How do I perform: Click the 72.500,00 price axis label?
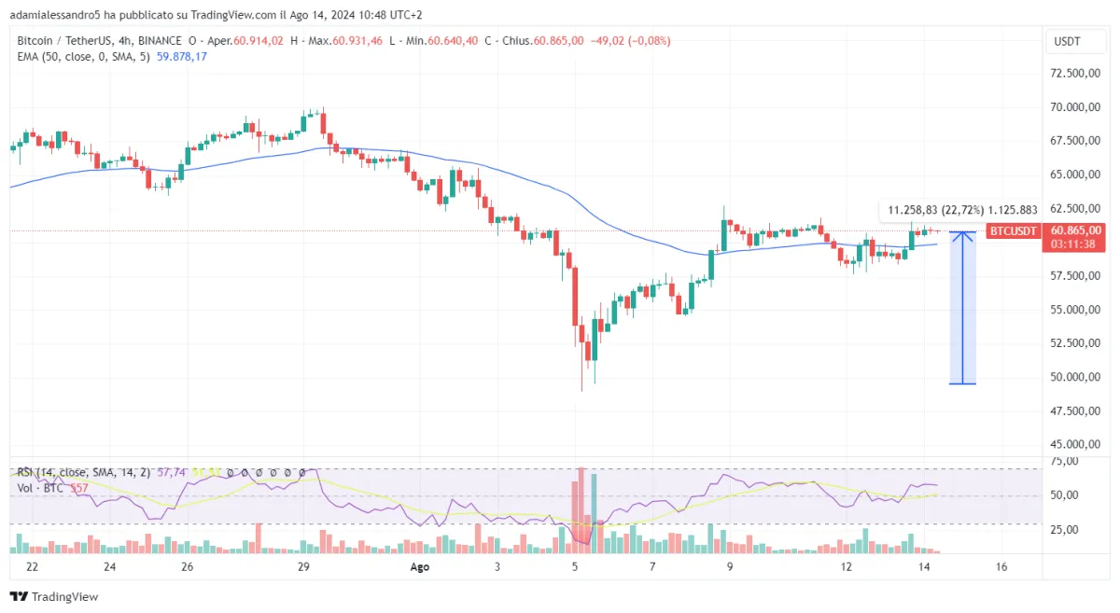pos(1072,73)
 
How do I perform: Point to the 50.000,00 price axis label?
pos(1072,377)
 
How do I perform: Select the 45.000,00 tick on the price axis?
pos(1072,444)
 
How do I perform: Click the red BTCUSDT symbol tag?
pos(1014,230)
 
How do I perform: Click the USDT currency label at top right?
pos(1067,41)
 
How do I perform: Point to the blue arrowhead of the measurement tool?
pos(963,236)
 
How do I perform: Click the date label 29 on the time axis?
pos(303,566)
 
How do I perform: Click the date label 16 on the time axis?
pos(1001,566)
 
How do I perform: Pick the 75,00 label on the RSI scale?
pos(1065,461)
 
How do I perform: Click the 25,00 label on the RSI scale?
pos(1065,529)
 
